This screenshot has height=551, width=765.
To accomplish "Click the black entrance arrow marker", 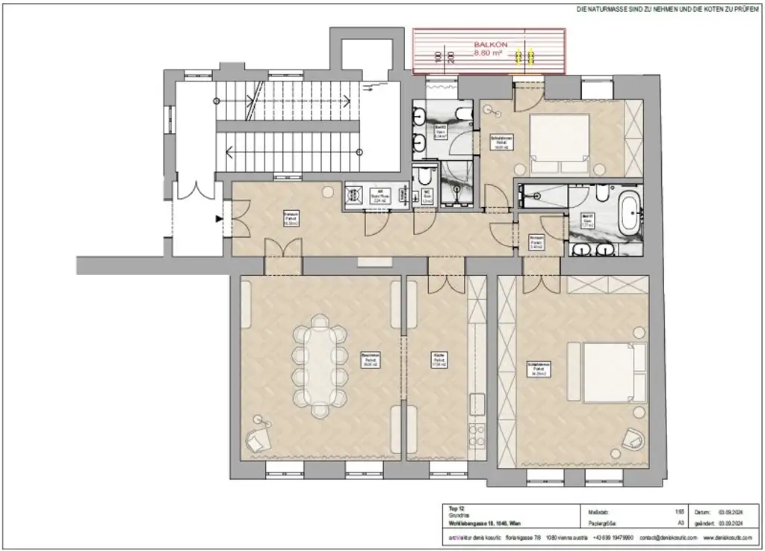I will click(218, 219).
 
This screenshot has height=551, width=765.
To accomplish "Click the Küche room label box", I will click(439, 361).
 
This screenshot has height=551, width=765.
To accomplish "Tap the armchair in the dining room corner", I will click(260, 437).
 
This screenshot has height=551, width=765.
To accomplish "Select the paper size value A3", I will click(680, 525).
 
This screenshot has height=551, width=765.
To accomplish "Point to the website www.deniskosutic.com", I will click(726, 537).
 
